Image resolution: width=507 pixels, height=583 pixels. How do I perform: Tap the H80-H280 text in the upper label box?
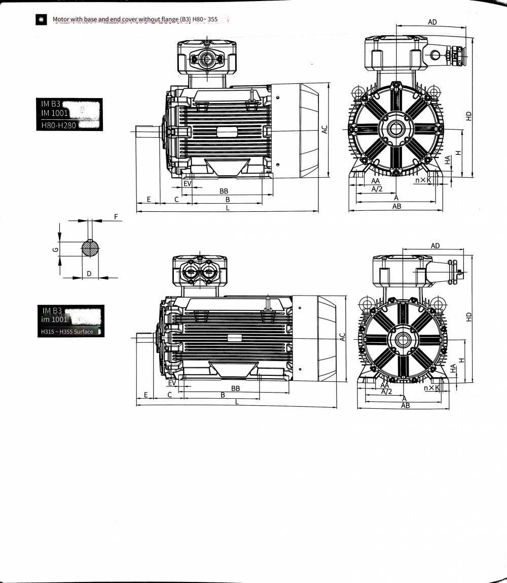coord(58,125)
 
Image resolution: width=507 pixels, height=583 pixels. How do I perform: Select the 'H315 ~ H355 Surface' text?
coord(67,331)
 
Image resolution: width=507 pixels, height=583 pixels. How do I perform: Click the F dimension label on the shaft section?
coord(116,216)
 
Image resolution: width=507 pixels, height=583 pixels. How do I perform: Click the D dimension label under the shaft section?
coord(89,274)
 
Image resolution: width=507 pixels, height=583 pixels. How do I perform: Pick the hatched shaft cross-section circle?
coord(90,248)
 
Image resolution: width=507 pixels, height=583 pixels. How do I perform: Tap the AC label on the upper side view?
coord(324,129)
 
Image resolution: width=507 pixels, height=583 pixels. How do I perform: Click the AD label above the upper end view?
coord(432,22)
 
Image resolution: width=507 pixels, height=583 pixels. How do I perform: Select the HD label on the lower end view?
coord(469,317)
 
